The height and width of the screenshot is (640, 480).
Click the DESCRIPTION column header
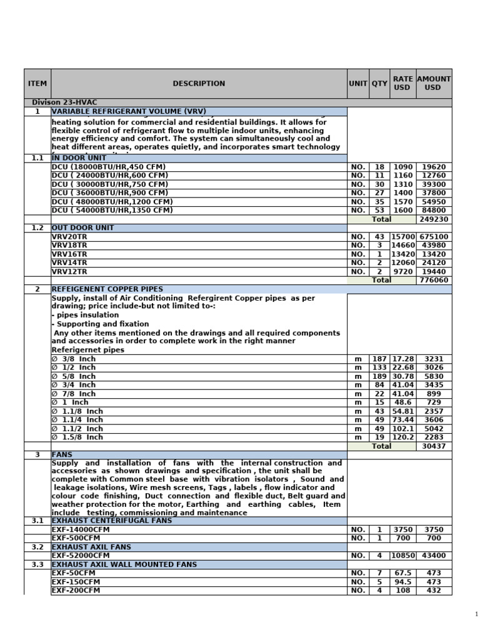(x=199, y=83)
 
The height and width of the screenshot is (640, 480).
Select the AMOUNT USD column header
(x=433, y=83)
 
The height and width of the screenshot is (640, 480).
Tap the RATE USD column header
(x=402, y=83)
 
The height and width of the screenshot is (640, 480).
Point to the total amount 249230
(x=433, y=219)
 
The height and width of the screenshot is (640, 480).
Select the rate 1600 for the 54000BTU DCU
(x=402, y=211)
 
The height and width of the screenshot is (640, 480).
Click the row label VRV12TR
(x=69, y=272)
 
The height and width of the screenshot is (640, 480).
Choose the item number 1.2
(x=37, y=228)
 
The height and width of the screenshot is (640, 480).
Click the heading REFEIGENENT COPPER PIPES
(x=107, y=289)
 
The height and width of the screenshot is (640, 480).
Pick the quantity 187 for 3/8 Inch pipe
(x=379, y=359)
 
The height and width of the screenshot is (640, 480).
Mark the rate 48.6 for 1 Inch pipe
(x=402, y=402)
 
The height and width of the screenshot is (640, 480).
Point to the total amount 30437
(x=433, y=446)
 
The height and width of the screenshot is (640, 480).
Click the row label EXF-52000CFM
(x=81, y=555)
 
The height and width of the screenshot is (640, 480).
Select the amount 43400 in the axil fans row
(x=433, y=555)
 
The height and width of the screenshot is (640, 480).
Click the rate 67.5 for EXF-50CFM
(x=402, y=572)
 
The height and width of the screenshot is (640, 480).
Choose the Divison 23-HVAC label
(x=65, y=102)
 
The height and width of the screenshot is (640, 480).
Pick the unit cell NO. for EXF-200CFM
(x=358, y=590)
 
